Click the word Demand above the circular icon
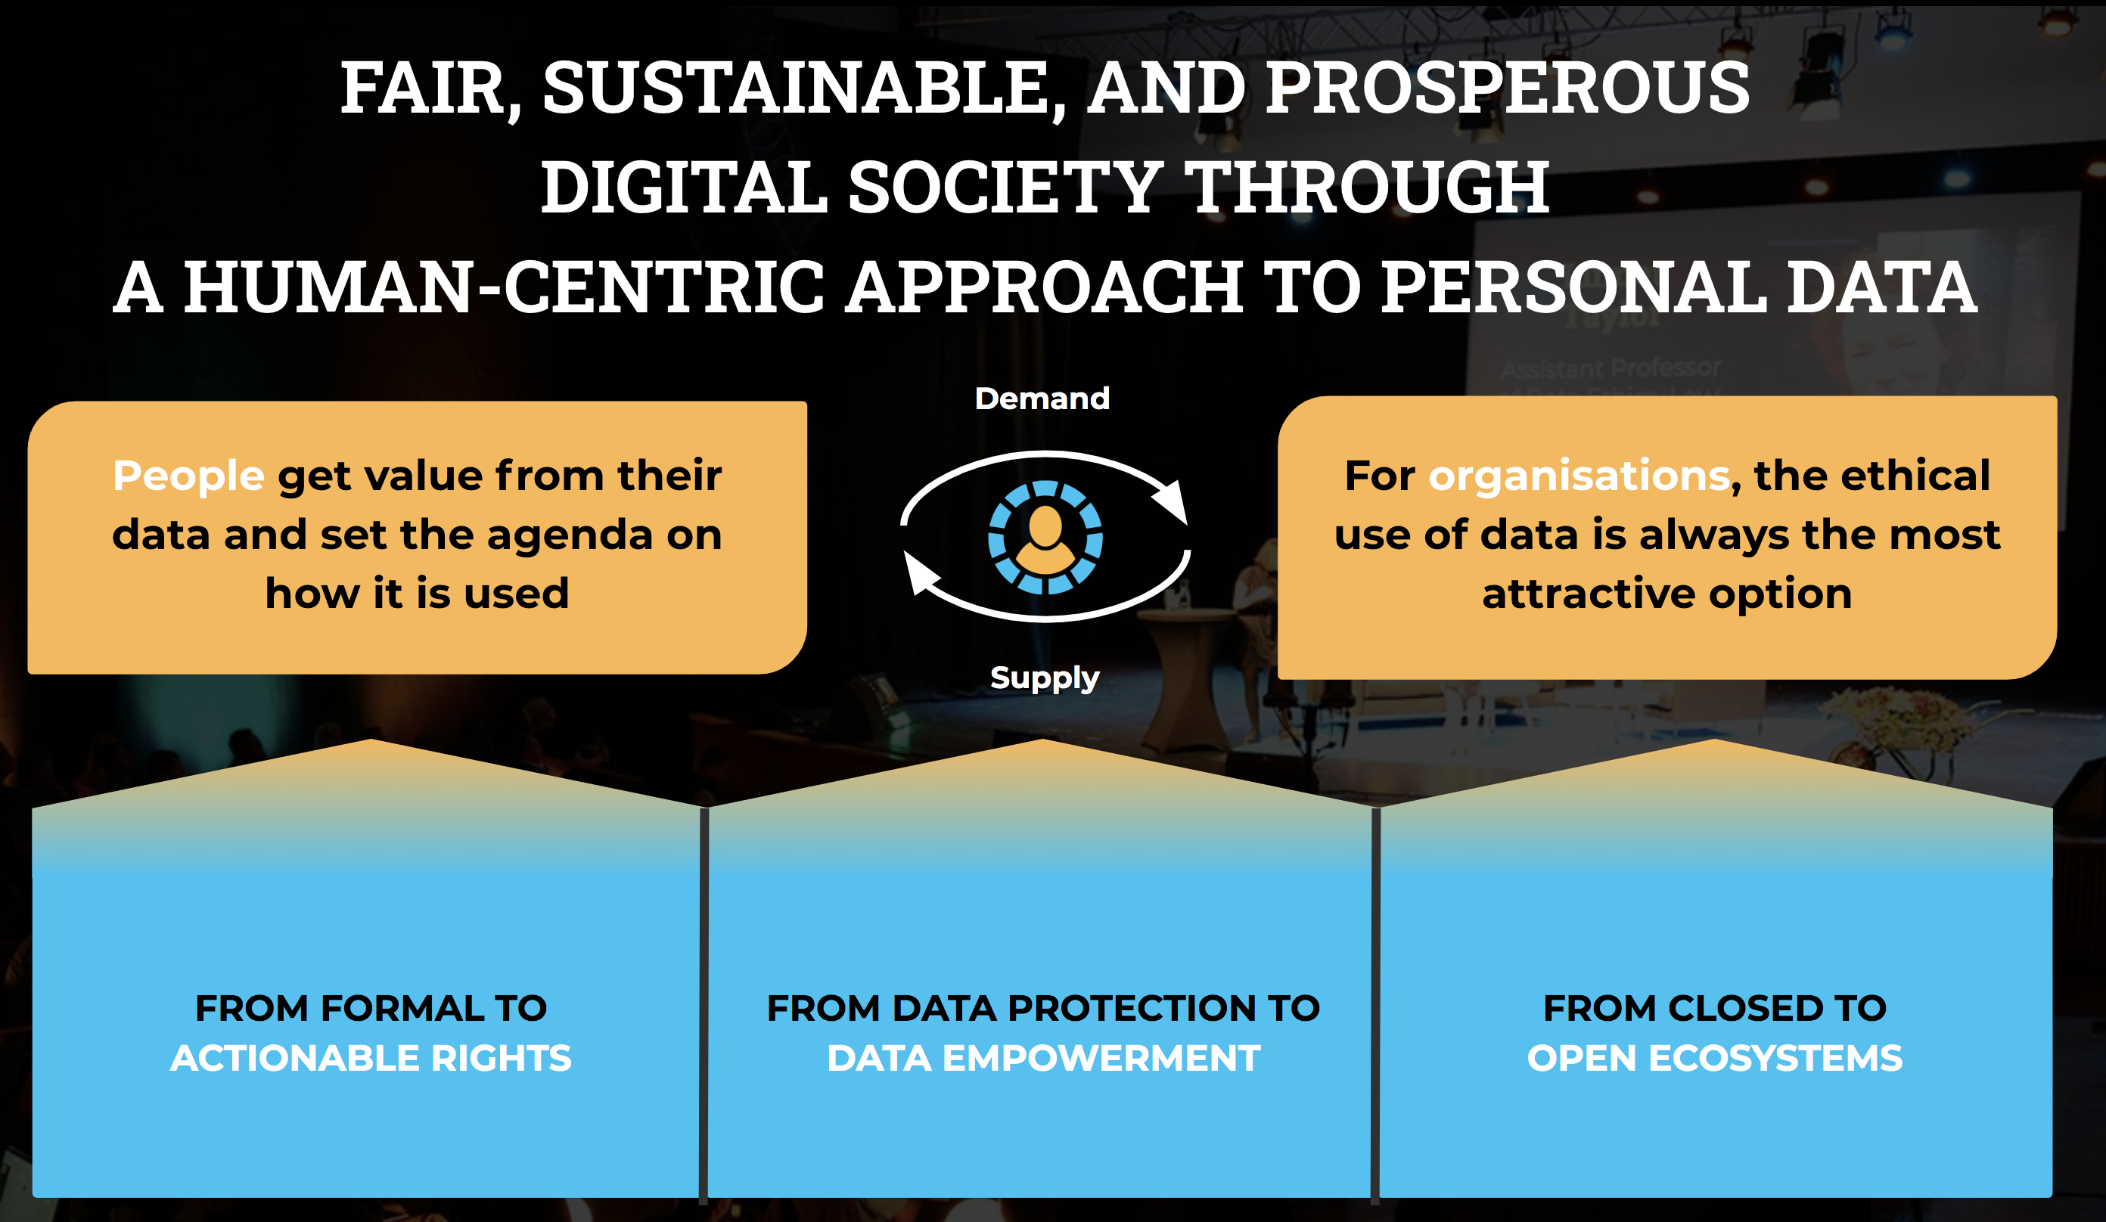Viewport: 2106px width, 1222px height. pos(1042,399)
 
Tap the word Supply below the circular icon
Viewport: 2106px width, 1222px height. pos(1045,678)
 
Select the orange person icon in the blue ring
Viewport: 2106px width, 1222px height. pos(1045,540)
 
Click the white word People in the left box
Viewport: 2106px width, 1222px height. pos(189,477)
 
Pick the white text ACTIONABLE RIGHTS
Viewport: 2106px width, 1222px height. pos(371,1059)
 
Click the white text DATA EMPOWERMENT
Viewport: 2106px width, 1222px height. pos(1044,1059)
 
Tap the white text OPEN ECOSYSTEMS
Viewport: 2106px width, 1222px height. pos(1715,1059)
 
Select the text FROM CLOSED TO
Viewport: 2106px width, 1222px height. pos(1715,1008)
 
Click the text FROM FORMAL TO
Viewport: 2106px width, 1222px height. pos(371,1008)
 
